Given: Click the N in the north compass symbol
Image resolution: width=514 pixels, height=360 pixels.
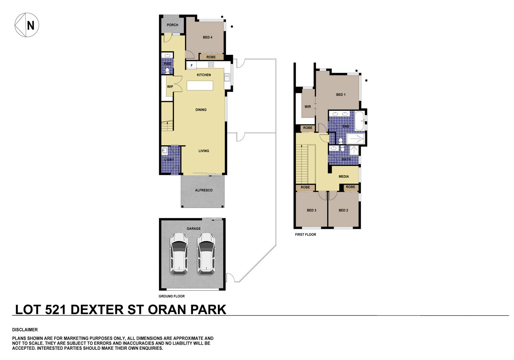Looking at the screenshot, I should [x=31, y=25].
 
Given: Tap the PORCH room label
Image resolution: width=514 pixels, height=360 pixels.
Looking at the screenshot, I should [x=173, y=25].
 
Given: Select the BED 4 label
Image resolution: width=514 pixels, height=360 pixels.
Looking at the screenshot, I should [x=208, y=37].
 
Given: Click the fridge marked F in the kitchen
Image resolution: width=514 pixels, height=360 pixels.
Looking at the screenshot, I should [x=192, y=66].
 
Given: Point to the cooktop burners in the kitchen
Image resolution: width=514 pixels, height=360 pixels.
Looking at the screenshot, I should [x=211, y=65].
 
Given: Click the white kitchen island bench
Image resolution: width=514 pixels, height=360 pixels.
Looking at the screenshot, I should [x=200, y=85].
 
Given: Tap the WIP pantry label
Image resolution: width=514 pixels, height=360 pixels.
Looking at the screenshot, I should [x=170, y=86].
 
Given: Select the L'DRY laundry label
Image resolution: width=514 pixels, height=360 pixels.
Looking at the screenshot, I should [x=169, y=160].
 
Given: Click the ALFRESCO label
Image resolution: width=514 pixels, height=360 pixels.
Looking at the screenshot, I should [x=204, y=190].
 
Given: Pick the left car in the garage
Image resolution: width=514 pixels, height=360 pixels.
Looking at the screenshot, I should [x=179, y=254].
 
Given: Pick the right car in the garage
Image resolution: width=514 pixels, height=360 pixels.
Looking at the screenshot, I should [x=206, y=254].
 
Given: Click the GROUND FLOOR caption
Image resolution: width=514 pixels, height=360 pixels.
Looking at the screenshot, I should [x=172, y=296].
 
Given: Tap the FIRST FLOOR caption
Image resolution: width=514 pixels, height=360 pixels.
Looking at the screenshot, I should [x=306, y=235].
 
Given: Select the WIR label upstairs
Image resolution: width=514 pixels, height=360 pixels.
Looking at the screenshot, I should [x=308, y=107].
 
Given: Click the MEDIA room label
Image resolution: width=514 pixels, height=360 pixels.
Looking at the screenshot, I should [x=344, y=176].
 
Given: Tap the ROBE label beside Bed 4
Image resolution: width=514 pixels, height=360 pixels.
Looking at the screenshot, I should [x=211, y=57].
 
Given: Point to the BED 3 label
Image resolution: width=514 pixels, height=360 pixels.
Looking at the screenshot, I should [x=312, y=210].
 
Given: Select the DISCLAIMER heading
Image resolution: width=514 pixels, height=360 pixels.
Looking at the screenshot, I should [x=25, y=330].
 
